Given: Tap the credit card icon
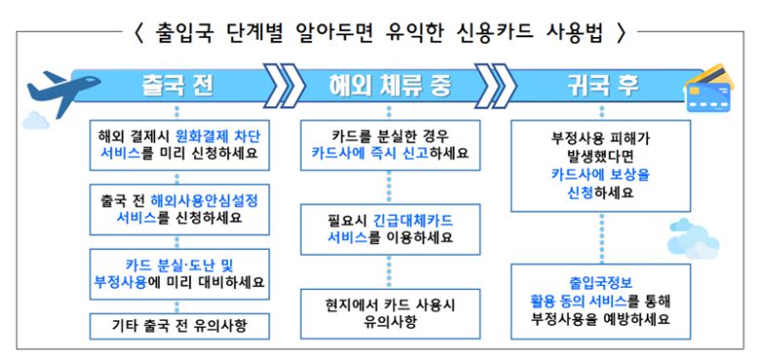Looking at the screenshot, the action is [x=709, y=86].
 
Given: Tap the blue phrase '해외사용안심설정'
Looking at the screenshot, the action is [x=211, y=199].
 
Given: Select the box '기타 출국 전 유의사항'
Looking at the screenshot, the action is [x=180, y=324].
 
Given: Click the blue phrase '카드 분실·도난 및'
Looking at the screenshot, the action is [x=178, y=263].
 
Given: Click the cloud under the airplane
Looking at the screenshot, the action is [x=36, y=121].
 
